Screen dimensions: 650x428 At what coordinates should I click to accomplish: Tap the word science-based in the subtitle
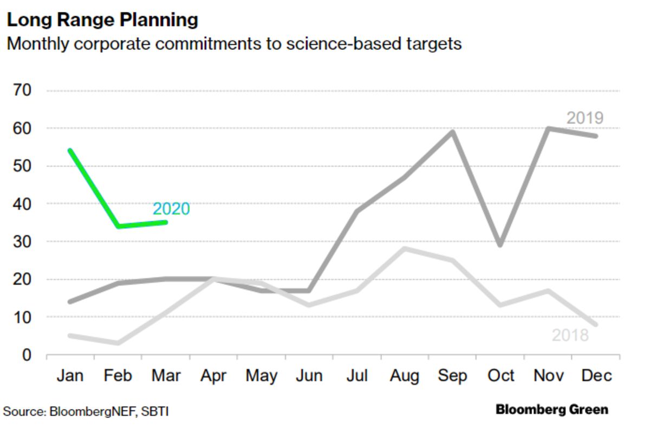click(344, 44)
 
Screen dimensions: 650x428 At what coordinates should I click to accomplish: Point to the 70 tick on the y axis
click(22, 90)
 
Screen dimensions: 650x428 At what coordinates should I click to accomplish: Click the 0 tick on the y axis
click(27, 355)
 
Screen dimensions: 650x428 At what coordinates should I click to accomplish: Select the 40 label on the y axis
click(22, 204)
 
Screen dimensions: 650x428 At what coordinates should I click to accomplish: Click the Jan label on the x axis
click(70, 376)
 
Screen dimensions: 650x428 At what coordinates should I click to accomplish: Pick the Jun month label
click(309, 376)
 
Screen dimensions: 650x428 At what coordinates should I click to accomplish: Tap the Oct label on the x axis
click(500, 376)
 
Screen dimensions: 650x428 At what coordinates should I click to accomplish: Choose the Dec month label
click(596, 376)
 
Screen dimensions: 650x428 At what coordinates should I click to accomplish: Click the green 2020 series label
click(171, 209)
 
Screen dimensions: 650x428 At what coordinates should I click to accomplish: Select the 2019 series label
click(585, 118)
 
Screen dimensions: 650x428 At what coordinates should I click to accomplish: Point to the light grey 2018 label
click(570, 335)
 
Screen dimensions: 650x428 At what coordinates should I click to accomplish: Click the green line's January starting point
click(70, 150)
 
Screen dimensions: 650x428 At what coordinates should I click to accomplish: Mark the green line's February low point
click(118, 226)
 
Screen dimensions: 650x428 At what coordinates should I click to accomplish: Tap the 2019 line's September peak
click(453, 132)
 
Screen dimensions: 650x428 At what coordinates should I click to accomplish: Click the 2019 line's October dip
click(500, 245)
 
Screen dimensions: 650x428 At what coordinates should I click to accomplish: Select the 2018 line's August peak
click(405, 248)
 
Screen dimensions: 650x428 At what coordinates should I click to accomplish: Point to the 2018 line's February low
click(118, 343)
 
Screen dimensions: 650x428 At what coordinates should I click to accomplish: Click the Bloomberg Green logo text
click(552, 410)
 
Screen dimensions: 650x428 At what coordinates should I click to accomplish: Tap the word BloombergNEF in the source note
click(93, 411)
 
